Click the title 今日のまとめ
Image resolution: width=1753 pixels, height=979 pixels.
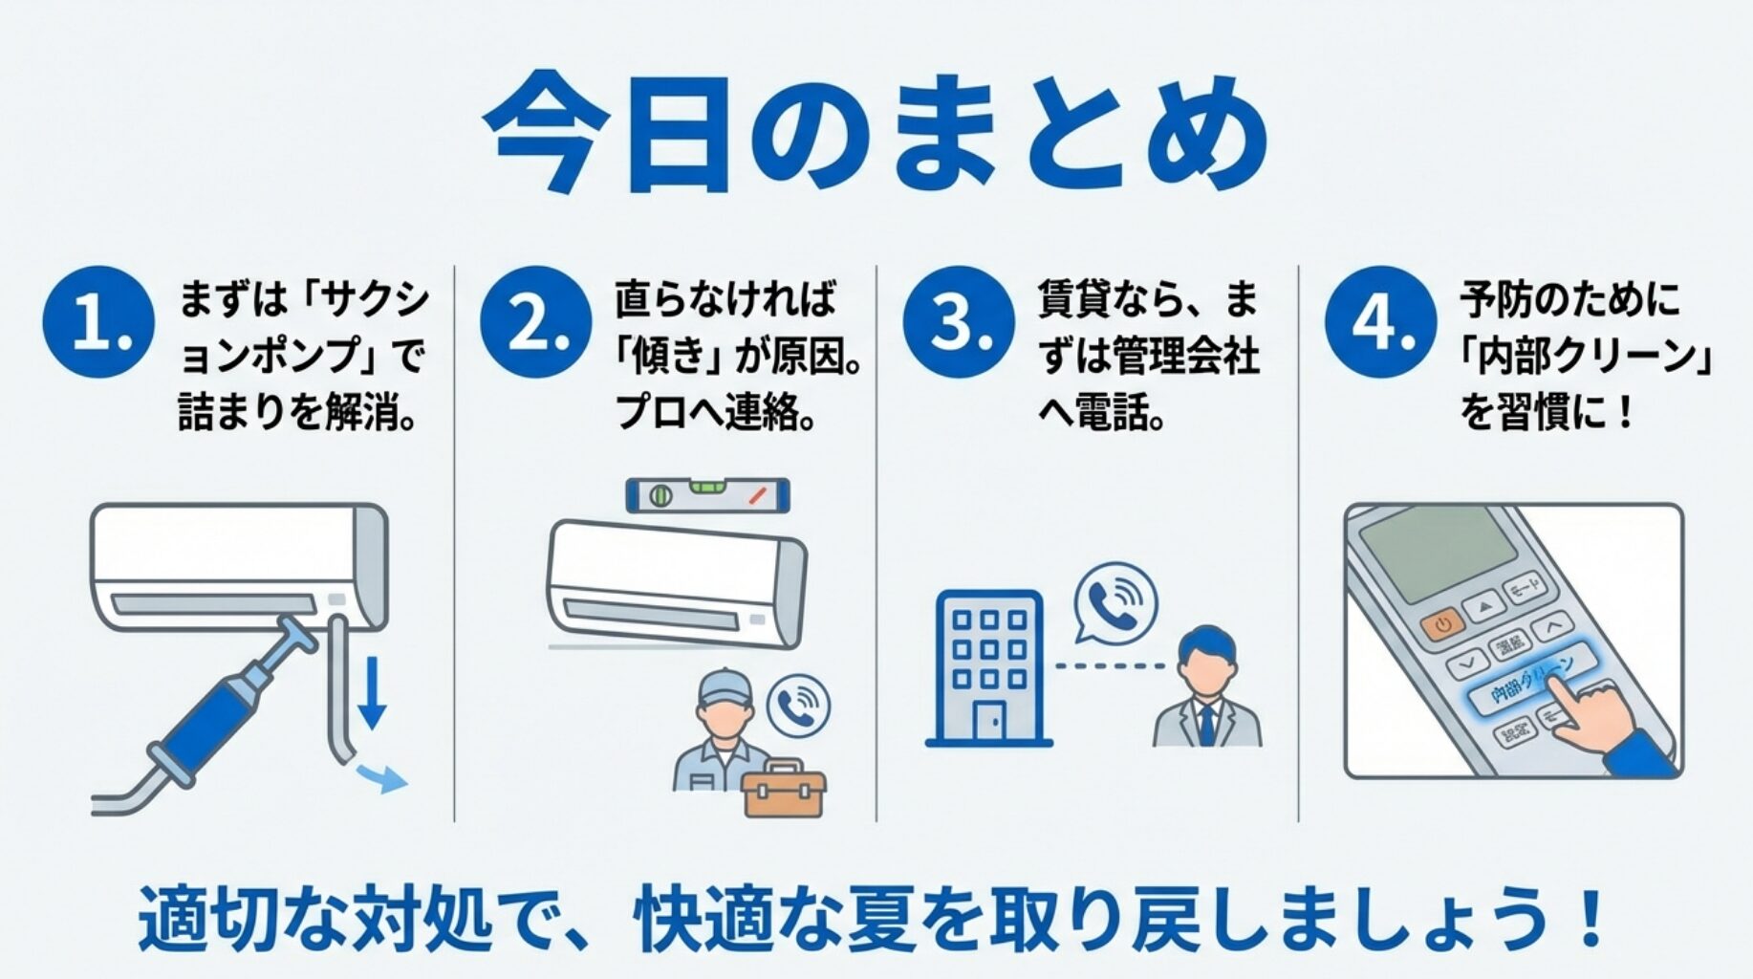pyautogui.click(x=876, y=135)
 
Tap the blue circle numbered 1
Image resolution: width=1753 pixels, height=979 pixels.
pyautogui.click(x=98, y=322)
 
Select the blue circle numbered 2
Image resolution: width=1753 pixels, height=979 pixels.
pyautogui.click(x=535, y=322)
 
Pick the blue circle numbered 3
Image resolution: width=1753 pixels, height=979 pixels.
pyautogui.click(x=958, y=322)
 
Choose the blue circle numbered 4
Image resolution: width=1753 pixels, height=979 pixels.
pyautogui.click(x=1380, y=322)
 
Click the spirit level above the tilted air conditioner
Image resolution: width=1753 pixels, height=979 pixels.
pyautogui.click(x=707, y=495)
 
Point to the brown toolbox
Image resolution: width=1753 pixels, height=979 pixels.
pyautogui.click(x=784, y=790)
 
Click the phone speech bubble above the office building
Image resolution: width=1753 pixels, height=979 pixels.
pyautogui.click(x=1115, y=602)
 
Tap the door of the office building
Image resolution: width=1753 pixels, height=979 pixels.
pyautogui.click(x=988, y=722)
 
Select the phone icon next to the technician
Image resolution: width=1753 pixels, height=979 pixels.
pyautogui.click(x=799, y=706)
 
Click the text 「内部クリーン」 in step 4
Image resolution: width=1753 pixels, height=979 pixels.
pyautogui.click(x=1587, y=357)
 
